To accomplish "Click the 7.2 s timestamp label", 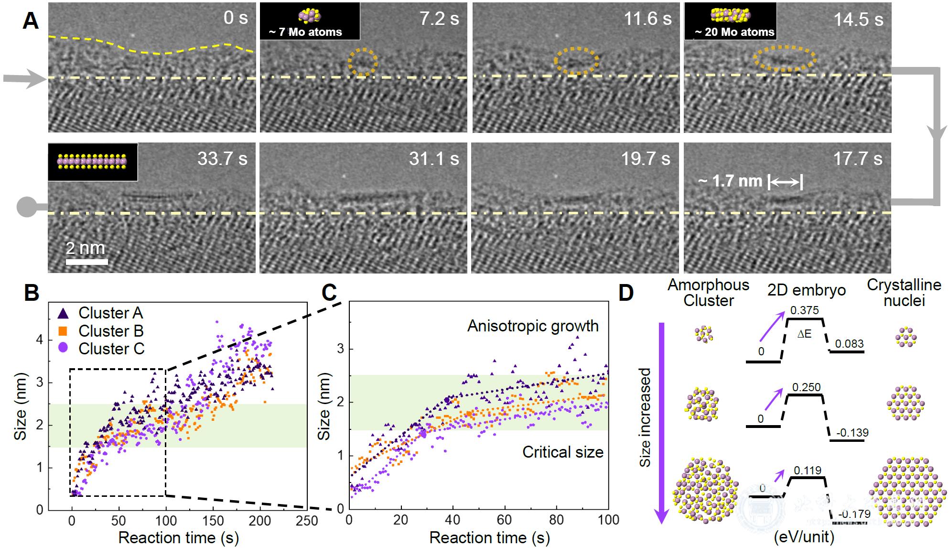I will tap(439, 19).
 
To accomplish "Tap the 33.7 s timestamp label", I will tap(222, 159).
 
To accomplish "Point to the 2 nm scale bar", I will tap(86, 261).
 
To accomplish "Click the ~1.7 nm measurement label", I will tap(730, 181).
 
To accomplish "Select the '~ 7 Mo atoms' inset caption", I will tap(306, 33).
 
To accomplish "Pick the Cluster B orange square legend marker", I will tap(63, 331).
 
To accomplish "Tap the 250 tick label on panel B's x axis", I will tap(306, 521).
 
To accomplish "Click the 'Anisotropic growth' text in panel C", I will tap(533, 326).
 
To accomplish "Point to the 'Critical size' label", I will tap(562, 452).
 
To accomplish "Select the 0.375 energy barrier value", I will tap(804, 310).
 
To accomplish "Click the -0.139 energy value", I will tap(852, 433).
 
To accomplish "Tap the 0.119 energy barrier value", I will tap(807, 471).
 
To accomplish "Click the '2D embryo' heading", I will tap(807, 290).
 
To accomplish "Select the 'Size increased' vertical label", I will tap(645, 417).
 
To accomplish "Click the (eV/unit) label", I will tap(804, 537).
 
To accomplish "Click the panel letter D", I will tap(626, 293).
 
